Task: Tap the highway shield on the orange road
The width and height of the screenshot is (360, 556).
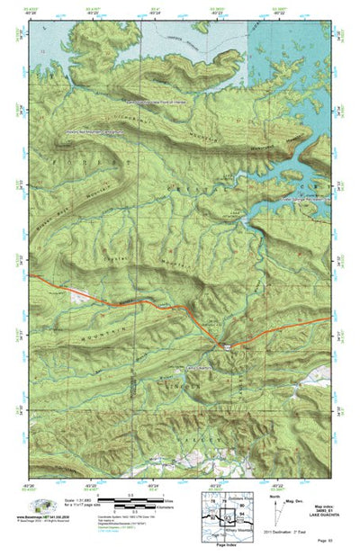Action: click(x=227, y=345)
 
